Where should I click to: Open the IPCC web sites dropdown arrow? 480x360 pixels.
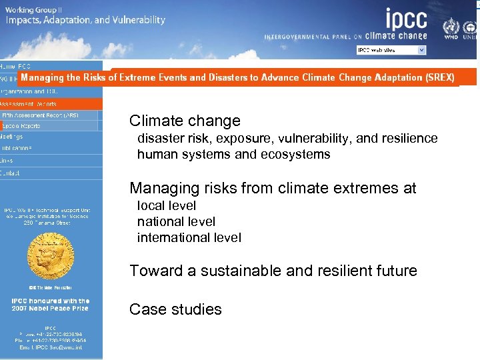[x=421, y=50]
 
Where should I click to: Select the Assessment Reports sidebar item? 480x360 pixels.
[x=29, y=104]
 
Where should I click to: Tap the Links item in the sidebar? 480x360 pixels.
[x=7, y=160]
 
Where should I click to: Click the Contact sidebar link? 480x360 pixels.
[x=11, y=173]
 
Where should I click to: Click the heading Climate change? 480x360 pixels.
[x=185, y=121]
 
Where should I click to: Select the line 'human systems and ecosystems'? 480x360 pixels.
[x=233, y=155]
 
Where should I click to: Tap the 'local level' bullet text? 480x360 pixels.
[x=167, y=205]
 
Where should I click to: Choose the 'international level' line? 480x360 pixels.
[x=189, y=237]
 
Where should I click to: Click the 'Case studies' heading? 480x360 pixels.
[x=175, y=309]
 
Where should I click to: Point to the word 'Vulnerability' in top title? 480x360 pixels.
[x=137, y=20]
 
